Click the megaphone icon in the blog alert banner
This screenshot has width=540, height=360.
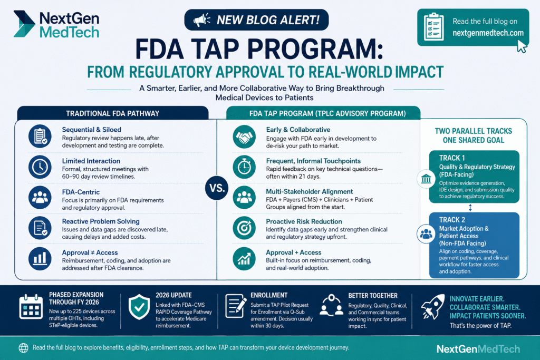tap(202, 20)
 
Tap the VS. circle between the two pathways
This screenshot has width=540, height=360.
tap(217, 188)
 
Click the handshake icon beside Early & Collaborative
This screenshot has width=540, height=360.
tap(244, 137)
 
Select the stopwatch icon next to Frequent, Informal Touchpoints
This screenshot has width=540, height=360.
tap(244, 167)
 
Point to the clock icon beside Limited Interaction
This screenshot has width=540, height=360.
tap(40, 167)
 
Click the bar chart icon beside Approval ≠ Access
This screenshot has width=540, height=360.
tap(40, 258)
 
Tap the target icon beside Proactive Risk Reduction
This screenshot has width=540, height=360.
tap(244, 228)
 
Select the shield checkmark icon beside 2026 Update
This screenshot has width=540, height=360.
tap(139, 307)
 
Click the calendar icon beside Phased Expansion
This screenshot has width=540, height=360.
tap(31, 307)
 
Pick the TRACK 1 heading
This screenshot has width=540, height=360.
tap(452, 158)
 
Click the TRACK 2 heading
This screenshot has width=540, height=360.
tap(452, 220)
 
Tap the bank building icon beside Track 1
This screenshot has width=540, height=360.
tap(426, 179)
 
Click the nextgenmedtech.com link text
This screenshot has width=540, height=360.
tap(488, 33)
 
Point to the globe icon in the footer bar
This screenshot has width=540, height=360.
tap(23, 347)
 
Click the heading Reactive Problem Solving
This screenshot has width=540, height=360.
tap(101, 221)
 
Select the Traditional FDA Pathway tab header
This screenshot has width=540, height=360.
tap(113, 113)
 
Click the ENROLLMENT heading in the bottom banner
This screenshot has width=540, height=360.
tap(269, 295)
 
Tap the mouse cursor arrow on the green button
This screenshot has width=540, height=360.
tap(522, 46)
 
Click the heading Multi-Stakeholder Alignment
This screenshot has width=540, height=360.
tap(309, 192)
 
